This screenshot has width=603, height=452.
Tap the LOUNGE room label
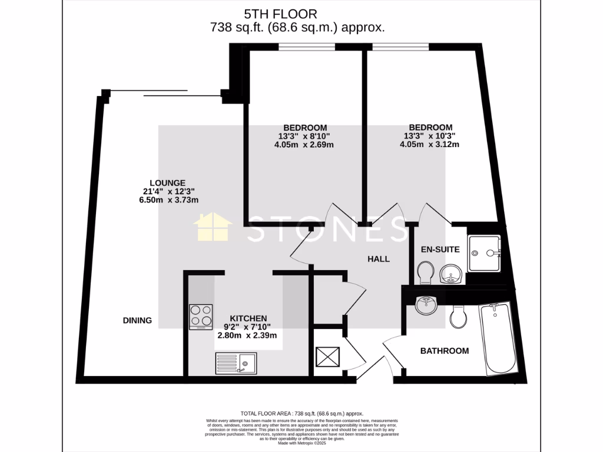point(167,182)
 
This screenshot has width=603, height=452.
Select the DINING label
point(137,321)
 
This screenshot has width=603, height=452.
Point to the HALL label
point(379,259)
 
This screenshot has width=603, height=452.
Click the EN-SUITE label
point(440,250)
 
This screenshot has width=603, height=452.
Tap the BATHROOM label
point(444,351)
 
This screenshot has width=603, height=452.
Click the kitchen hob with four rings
point(201,317)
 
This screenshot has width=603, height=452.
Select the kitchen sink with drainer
point(235,363)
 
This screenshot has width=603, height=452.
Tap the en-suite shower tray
point(484,253)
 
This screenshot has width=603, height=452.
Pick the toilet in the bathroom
point(458,318)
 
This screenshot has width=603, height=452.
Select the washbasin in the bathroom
point(425,305)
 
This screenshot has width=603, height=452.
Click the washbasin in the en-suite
point(450,274)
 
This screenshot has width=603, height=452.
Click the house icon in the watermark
point(214,228)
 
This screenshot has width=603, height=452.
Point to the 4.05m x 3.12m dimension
point(430,145)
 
